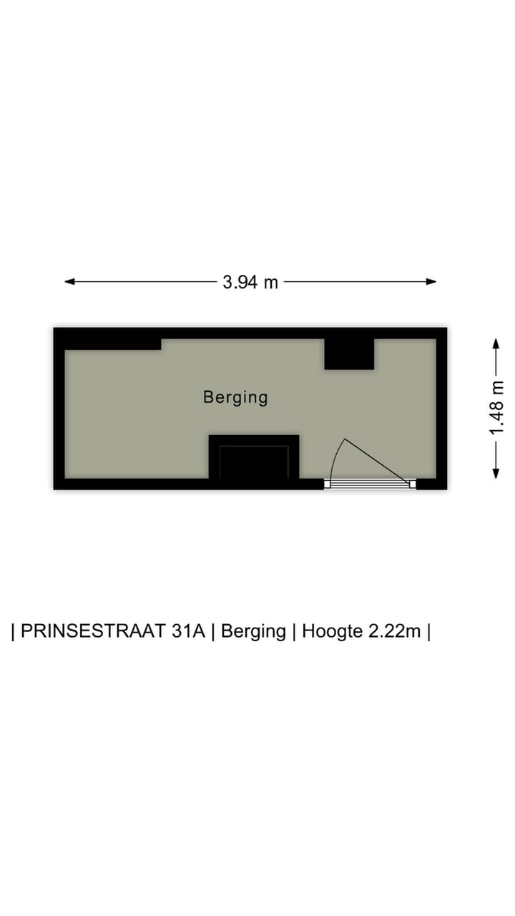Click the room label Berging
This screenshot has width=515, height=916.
point(235,396)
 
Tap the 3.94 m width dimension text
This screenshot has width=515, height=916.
point(250,282)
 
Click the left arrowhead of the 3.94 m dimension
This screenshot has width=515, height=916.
point(69,282)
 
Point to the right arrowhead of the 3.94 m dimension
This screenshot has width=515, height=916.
point(431,282)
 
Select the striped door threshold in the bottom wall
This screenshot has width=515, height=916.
point(370,484)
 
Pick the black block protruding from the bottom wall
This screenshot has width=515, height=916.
point(254,457)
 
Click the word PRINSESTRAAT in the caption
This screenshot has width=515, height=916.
point(113,632)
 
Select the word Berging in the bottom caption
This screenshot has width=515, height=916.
point(253,632)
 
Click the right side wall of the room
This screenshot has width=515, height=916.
point(441,408)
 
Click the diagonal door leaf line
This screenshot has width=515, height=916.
point(379,462)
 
